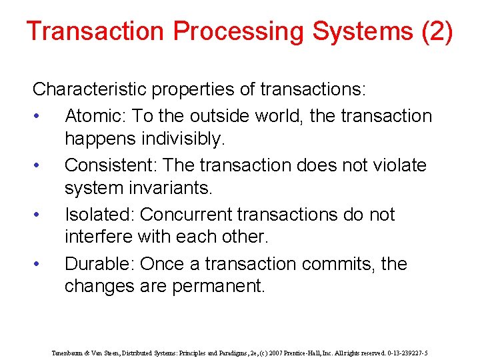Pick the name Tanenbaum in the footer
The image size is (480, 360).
click(x=69, y=353)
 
